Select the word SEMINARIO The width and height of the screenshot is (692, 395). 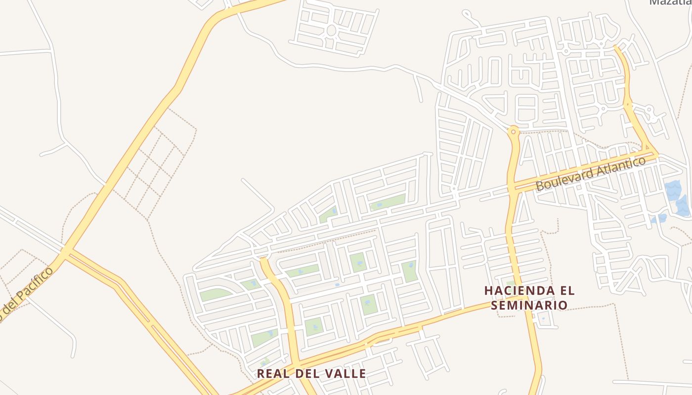coord(529,306)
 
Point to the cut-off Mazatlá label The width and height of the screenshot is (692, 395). coord(670,2)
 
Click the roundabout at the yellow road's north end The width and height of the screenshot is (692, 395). coord(514,132)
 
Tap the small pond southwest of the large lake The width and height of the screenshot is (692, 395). coord(659,219)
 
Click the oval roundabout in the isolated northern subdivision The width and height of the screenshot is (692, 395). coord(331,31)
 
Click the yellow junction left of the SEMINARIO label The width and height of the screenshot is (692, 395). coord(524,297)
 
